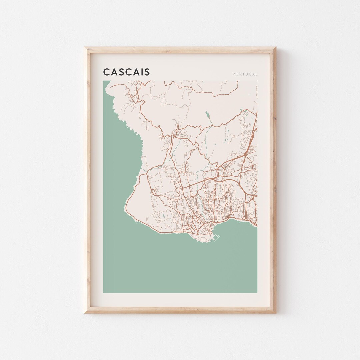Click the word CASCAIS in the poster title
(126, 72)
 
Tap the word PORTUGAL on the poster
(245, 74)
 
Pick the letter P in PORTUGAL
(234, 74)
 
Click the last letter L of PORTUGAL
(256, 74)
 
